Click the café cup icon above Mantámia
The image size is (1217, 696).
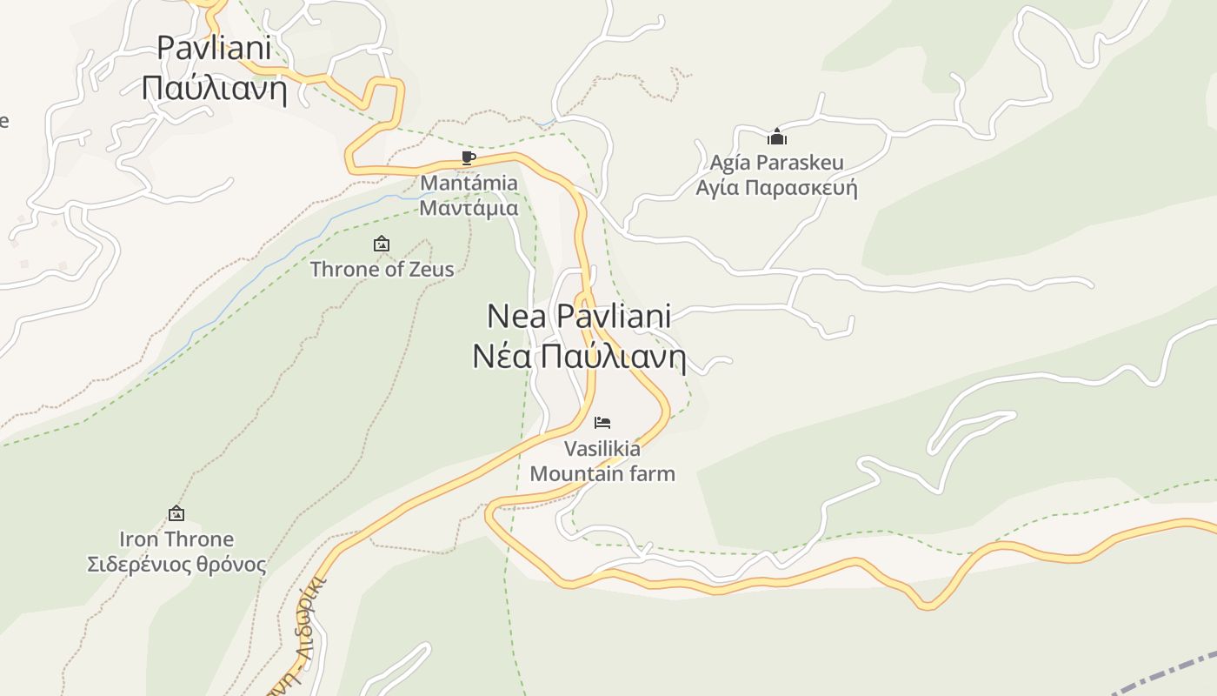(468, 158)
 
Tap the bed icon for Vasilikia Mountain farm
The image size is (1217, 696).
(602, 423)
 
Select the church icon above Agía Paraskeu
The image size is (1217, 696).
(776, 137)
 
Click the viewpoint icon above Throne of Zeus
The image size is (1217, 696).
(381, 244)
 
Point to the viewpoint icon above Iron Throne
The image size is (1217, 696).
(176, 514)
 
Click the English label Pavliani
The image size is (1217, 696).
(214, 48)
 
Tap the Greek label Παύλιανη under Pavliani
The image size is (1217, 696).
(214, 88)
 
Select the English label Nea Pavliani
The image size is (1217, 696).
(579, 316)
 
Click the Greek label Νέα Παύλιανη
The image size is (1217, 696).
(579, 357)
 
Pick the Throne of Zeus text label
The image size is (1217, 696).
(382, 269)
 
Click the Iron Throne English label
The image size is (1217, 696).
(176, 539)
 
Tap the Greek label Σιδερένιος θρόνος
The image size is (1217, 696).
(176, 565)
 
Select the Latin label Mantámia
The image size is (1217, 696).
(469, 184)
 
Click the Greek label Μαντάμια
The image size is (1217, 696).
(469, 208)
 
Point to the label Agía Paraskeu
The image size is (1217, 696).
(776, 163)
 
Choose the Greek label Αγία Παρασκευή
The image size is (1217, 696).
(776, 188)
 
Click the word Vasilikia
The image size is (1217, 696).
(602, 449)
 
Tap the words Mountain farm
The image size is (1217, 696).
(602, 474)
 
